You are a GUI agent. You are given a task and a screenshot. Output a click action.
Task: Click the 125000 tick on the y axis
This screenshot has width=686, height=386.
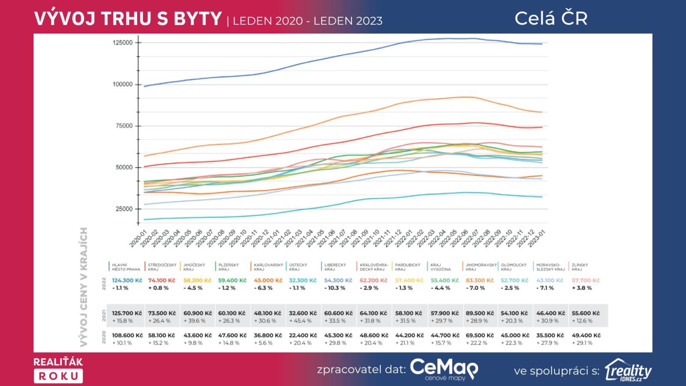click(123, 42)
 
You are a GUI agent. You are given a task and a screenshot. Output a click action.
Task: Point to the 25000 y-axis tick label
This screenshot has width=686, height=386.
click(124, 209)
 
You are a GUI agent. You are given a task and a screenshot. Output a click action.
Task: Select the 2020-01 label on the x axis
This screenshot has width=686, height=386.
click(138, 238)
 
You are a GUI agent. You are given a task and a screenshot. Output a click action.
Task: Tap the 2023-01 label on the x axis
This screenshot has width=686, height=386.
click(536, 238)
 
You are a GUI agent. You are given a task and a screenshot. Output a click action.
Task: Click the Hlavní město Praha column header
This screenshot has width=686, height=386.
click(126, 267)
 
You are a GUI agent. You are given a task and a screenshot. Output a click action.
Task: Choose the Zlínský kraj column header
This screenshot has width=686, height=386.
click(580, 267)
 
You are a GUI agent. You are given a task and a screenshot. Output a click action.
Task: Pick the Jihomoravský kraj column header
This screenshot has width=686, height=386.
click(481, 267)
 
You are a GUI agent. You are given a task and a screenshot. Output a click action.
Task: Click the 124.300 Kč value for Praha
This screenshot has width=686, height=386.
click(127, 280)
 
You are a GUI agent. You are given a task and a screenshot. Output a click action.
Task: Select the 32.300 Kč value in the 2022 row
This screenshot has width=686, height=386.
click(303, 280)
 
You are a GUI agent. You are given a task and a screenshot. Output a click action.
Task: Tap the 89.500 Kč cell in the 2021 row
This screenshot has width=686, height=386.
click(480, 314)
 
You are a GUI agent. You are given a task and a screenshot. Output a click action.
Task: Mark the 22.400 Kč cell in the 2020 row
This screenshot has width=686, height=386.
click(303, 335)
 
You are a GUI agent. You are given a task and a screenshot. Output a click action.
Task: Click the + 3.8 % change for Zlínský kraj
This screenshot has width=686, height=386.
click(582, 288)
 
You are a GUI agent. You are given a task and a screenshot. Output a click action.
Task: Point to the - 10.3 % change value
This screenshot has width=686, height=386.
click(335, 288)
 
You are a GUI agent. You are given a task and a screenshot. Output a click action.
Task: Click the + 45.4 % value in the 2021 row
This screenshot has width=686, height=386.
click(300, 321)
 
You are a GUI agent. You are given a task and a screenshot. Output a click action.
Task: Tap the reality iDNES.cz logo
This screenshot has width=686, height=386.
click(628, 370)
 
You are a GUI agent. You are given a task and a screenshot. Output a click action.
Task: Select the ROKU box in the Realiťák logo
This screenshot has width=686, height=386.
click(58, 376)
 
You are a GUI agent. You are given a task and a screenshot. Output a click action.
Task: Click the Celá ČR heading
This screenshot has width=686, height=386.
click(551, 18)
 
